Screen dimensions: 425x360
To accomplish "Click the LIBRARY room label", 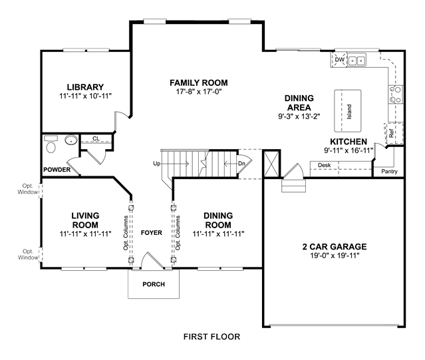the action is (x=85, y=87).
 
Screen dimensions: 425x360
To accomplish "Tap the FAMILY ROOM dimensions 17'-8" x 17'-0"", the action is (x=199, y=92).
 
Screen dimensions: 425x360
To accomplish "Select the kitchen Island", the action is (x=348, y=111).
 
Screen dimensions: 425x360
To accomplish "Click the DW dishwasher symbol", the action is (x=339, y=60).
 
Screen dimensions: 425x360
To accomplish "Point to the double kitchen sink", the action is (x=356, y=60).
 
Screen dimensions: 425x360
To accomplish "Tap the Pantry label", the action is (x=389, y=171).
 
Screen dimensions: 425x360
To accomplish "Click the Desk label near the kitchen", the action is (x=324, y=165).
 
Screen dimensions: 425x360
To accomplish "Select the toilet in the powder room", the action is (x=51, y=144).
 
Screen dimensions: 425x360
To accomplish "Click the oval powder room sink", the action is (x=71, y=140).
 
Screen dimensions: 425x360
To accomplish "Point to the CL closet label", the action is (x=96, y=138).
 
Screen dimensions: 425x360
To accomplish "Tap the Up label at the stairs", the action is (x=157, y=164).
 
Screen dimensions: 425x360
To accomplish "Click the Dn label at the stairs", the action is (x=241, y=164).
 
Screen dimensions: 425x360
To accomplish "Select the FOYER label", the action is (x=152, y=233).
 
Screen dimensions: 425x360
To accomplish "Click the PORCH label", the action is (x=154, y=284).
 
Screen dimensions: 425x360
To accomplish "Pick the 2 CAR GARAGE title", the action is (x=335, y=247).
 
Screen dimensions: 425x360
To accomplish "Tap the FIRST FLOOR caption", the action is (x=212, y=337).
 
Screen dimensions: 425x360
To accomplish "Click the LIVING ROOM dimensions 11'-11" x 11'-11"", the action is (x=85, y=234).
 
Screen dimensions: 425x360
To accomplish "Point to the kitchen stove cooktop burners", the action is (x=396, y=94).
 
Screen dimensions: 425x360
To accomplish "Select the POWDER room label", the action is (x=57, y=170).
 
